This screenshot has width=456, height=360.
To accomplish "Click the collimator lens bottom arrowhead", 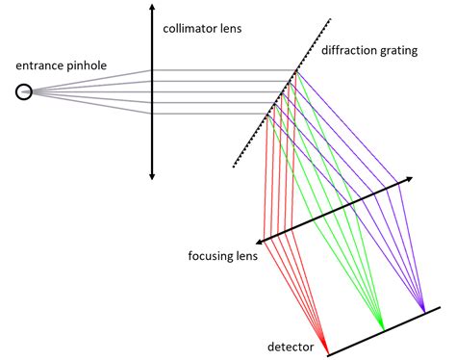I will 152,177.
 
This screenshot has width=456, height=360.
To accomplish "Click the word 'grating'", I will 399,51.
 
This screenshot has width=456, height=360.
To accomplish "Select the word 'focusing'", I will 215,257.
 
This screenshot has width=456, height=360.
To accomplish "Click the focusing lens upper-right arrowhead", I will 412,180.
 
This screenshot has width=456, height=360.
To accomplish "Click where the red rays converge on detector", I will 326,350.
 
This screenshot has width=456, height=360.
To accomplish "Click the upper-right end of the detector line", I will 441,308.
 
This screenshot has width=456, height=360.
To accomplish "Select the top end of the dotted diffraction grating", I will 333,18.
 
